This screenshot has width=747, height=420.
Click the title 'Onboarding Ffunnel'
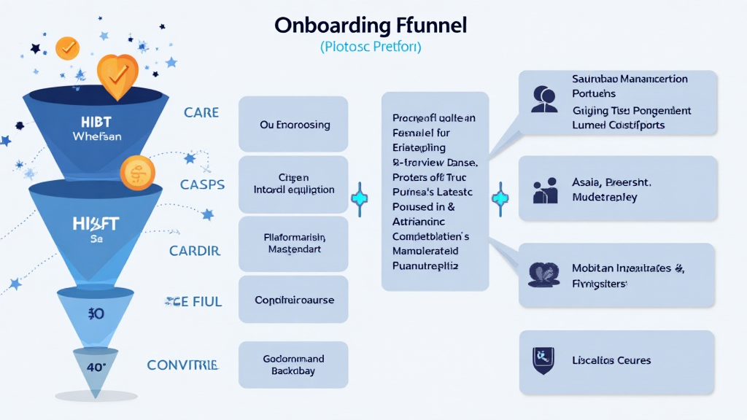pos(371,24)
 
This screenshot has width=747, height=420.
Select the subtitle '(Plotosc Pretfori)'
pos(371,47)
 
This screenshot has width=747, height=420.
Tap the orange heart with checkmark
pos(117,74)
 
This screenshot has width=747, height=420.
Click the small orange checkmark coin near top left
pos(67,47)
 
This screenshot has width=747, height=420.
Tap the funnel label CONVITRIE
pos(182,365)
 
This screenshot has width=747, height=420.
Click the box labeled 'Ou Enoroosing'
pos(293,124)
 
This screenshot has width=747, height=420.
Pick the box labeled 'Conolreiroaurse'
pos(293,300)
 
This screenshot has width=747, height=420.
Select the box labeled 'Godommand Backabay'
pos(293,365)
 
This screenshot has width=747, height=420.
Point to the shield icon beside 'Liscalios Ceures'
pos(542,360)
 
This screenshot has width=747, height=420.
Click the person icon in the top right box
pos(543,100)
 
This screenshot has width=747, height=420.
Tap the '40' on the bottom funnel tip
pos(97,367)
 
